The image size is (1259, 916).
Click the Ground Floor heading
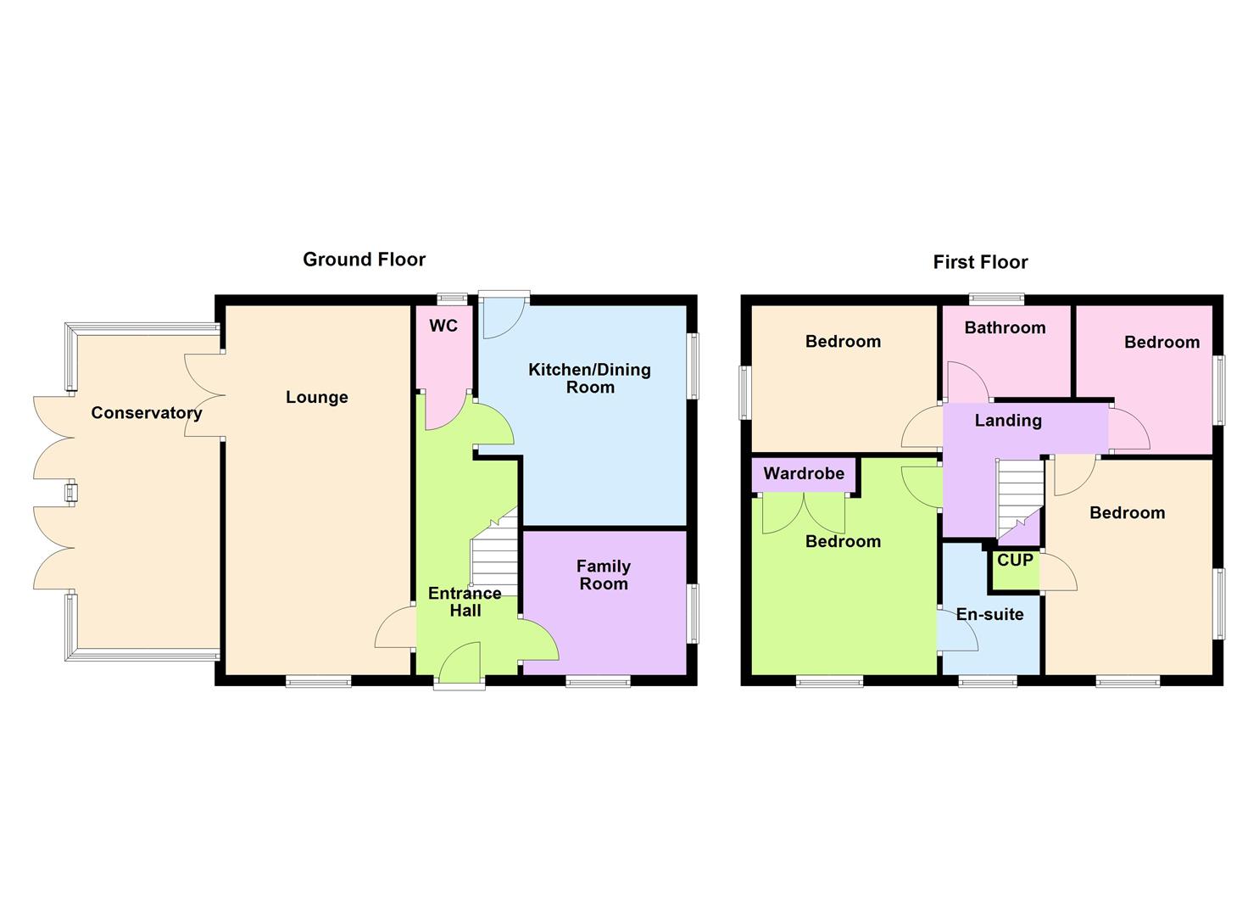[x=364, y=260]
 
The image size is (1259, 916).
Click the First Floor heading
[x=980, y=262]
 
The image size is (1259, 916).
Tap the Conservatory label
[x=147, y=413]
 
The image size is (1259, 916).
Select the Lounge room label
[x=317, y=397]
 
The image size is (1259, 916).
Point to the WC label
[x=443, y=327]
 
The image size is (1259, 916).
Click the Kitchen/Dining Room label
[x=590, y=378]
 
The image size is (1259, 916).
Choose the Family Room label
[x=603, y=575]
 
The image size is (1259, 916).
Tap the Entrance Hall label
[x=465, y=601]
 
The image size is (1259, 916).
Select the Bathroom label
[x=1005, y=328]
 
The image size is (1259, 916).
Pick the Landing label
[x=1008, y=421]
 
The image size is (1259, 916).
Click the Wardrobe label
[x=804, y=474]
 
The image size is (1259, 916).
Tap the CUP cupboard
[x=1015, y=561]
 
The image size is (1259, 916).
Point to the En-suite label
[x=989, y=615]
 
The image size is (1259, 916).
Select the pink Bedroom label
[x=1162, y=343]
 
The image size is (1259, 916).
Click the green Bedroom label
[x=843, y=542]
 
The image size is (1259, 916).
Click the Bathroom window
[x=997, y=299]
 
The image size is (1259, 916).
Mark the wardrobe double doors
[x=804, y=513]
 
